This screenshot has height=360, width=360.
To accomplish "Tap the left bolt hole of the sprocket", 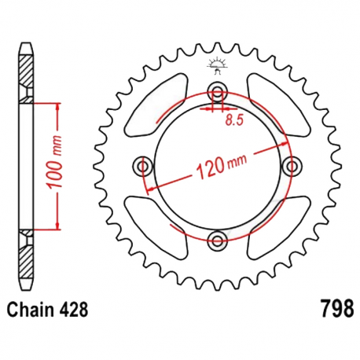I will tap(143, 165).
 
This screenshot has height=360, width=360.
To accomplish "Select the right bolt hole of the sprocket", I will tap(292, 165).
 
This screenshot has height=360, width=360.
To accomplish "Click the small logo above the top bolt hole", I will tap(218, 66).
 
